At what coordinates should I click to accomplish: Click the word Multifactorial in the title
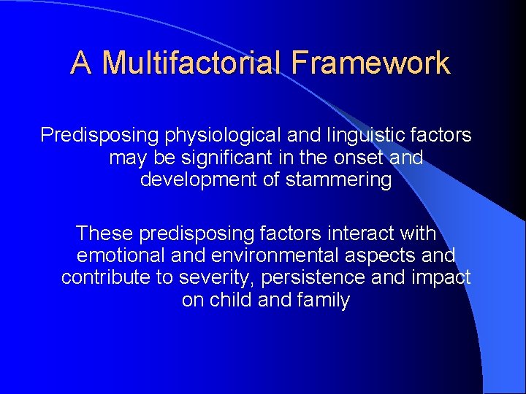[192, 63]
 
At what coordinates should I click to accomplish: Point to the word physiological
[209, 135]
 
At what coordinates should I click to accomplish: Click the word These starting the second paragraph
[104, 234]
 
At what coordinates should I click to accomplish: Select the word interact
[357, 234]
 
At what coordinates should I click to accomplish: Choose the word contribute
[104, 278]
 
